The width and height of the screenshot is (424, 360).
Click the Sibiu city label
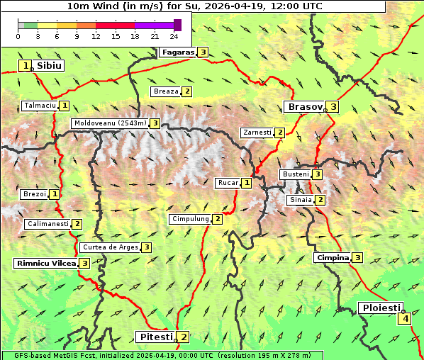(49, 65)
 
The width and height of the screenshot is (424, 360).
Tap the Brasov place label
(303, 107)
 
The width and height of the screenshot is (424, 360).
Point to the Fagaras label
(177, 52)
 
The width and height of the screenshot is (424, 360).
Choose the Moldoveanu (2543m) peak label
(110, 123)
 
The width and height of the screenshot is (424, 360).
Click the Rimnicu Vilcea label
(45, 263)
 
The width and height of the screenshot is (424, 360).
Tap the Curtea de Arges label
(109, 247)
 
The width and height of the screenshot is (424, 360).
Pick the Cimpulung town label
(190, 219)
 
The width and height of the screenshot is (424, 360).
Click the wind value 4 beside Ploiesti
(405, 319)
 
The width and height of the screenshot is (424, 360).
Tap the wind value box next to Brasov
(333, 107)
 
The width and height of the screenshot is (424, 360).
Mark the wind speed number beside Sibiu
(26, 66)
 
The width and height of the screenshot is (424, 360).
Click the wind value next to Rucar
(247, 183)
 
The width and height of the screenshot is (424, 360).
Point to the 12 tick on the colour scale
(96, 36)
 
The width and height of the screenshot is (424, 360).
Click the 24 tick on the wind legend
(174, 36)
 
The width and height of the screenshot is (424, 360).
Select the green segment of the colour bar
(30, 25)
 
